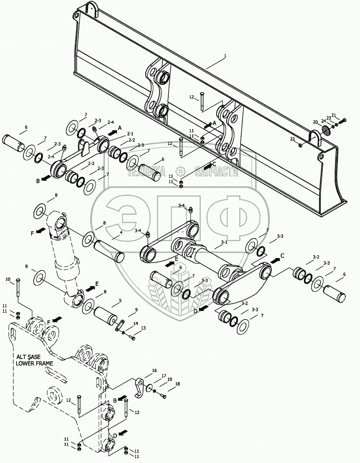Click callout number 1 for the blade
(225, 56)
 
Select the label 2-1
(130, 134)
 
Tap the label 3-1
(224, 242)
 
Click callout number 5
(120, 301)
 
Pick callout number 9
(137, 310)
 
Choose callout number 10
(8, 279)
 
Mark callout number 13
(143, 329)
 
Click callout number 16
(154, 371)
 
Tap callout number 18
(177, 384)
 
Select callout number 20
(315, 122)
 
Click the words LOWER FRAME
(34, 363)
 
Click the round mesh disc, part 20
(326, 130)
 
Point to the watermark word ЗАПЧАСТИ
(217, 172)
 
